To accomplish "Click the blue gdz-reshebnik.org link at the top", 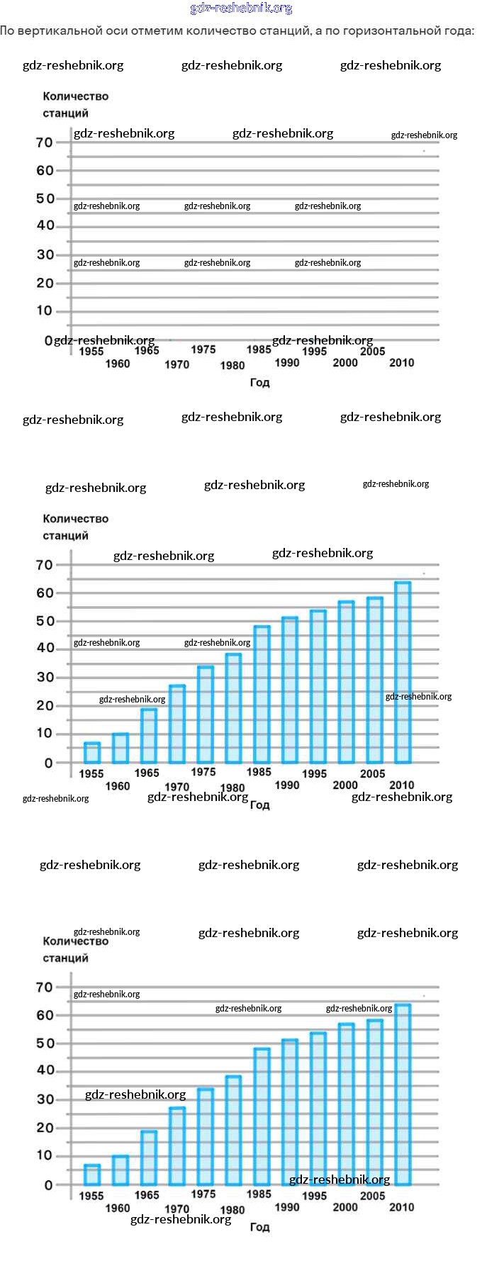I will pyautogui.click(x=241, y=9).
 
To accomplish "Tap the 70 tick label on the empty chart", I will pyautogui.click(x=45, y=142).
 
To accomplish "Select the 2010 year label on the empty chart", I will pyautogui.click(x=401, y=363).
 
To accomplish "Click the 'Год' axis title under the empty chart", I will pyautogui.click(x=259, y=383).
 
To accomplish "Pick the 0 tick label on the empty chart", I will pyautogui.click(x=48, y=341).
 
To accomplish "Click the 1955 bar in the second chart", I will pyautogui.click(x=92, y=753).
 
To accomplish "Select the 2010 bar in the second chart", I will pyautogui.click(x=402, y=673).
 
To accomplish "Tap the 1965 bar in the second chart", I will pyautogui.click(x=148, y=736).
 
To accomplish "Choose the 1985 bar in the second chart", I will pyautogui.click(x=262, y=695).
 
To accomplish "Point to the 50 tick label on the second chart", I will pyautogui.click(x=45, y=621).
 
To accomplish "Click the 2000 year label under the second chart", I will pyautogui.click(x=345, y=785).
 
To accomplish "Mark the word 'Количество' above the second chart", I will pyautogui.click(x=75, y=519).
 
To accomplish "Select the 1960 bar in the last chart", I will pyautogui.click(x=120, y=1170).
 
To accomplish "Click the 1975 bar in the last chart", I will pyautogui.click(x=205, y=1137).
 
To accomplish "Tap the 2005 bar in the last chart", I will pyautogui.click(x=374, y=1102).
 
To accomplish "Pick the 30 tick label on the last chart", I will pyautogui.click(x=45, y=1099).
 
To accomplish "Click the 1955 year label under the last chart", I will pyautogui.click(x=91, y=1196).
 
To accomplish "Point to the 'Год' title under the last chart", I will pyautogui.click(x=259, y=1227).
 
